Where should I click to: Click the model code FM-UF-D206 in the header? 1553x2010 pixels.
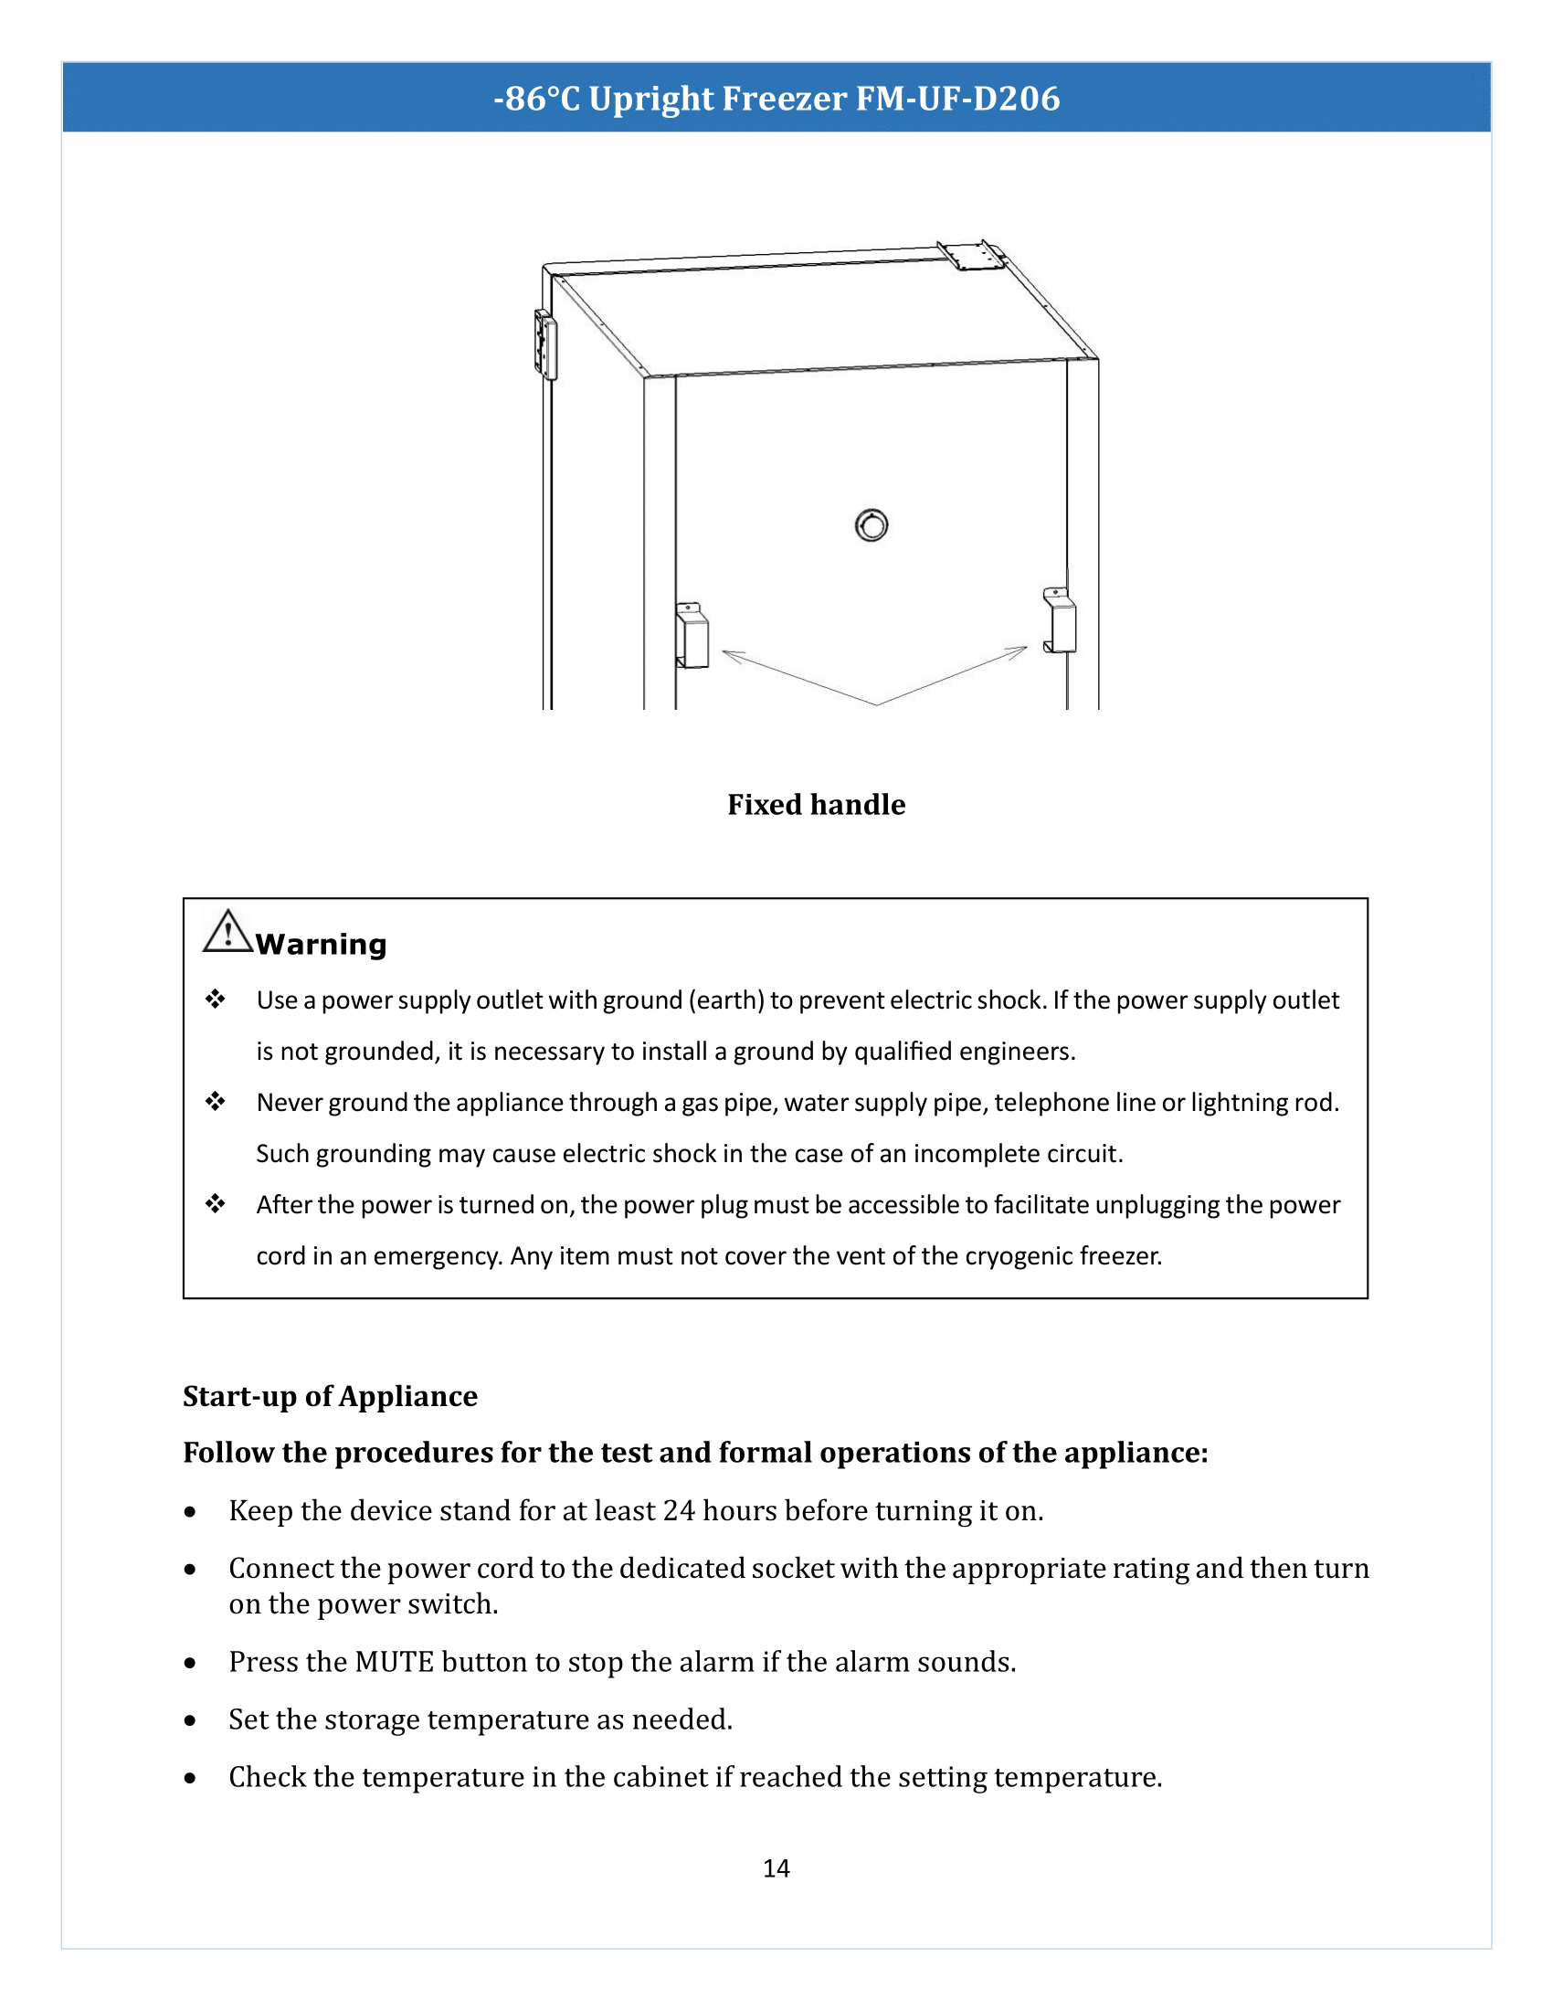click(957, 99)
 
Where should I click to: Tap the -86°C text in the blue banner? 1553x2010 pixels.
click(536, 99)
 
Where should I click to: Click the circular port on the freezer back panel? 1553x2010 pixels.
click(872, 525)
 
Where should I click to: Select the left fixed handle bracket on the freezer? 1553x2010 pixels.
click(692, 636)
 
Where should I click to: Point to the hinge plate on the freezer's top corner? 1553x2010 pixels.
click(972, 255)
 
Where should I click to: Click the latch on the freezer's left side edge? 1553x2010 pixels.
click(545, 345)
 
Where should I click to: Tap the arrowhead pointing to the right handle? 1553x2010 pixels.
click(1018, 651)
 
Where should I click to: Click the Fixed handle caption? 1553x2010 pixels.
click(816, 805)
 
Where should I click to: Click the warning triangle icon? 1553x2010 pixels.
click(227, 932)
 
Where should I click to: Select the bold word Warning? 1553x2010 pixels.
click(321, 945)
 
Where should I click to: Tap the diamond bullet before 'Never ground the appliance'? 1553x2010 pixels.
click(216, 1102)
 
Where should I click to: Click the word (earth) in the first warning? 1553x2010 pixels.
click(726, 1000)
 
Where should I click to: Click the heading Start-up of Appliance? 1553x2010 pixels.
click(331, 1396)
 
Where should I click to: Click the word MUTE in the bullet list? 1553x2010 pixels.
click(394, 1662)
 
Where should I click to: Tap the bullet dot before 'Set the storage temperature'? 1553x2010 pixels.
click(190, 1720)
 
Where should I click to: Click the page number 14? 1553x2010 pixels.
click(776, 1868)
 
